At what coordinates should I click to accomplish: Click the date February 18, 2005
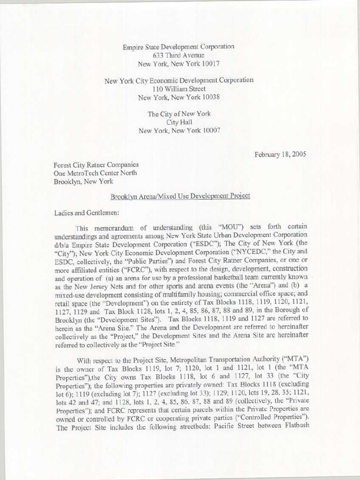tap(280, 154)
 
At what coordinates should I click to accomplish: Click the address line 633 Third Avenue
tap(178, 55)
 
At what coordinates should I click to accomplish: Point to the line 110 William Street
tap(179, 89)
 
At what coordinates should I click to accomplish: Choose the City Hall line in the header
tap(179, 122)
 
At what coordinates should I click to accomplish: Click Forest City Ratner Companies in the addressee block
tap(96, 165)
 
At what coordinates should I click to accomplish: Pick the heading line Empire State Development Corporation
tap(179, 47)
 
